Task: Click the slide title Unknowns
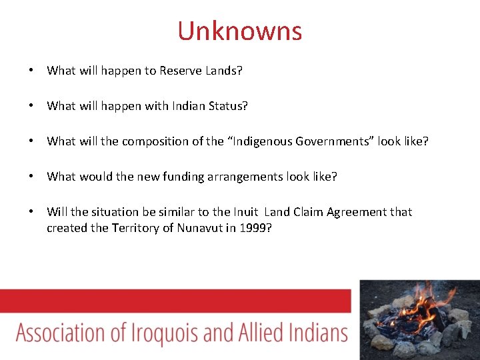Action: tap(239, 31)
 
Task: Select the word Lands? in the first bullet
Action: tap(223, 71)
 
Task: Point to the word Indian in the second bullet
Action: tap(189, 106)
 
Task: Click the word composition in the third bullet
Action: tap(153, 141)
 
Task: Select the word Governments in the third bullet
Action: tap(333, 141)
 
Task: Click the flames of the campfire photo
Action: tap(419, 307)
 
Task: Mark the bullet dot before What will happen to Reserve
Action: tap(31, 71)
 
